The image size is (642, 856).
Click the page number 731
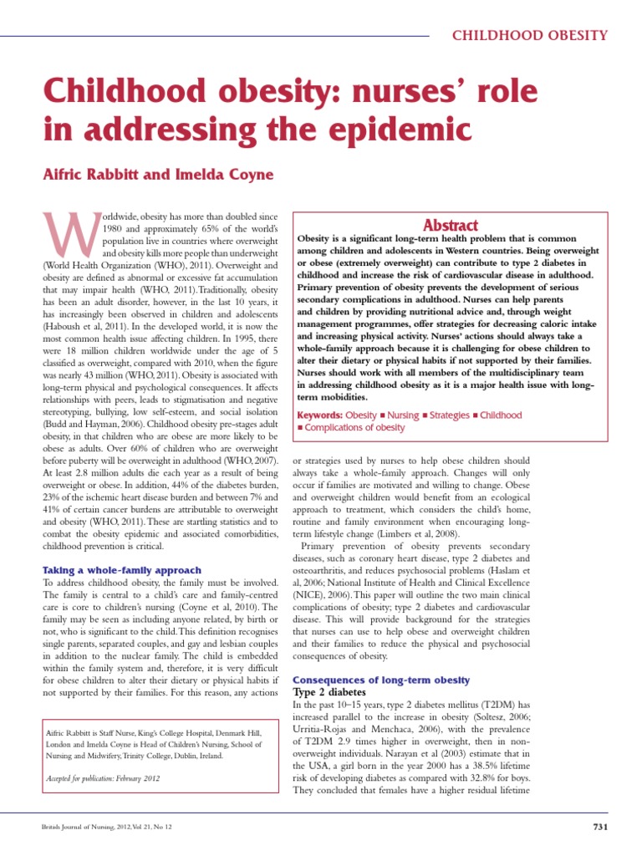pyautogui.click(x=599, y=828)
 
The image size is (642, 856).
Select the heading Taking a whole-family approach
pyautogui.click(x=121, y=570)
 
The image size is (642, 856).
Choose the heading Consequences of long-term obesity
pyautogui.click(x=380, y=680)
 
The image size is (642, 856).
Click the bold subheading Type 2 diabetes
pyautogui.click(x=330, y=693)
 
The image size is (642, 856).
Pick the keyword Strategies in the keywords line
pyautogui.click(x=448, y=415)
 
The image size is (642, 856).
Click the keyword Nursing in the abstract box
pyautogui.click(x=402, y=415)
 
